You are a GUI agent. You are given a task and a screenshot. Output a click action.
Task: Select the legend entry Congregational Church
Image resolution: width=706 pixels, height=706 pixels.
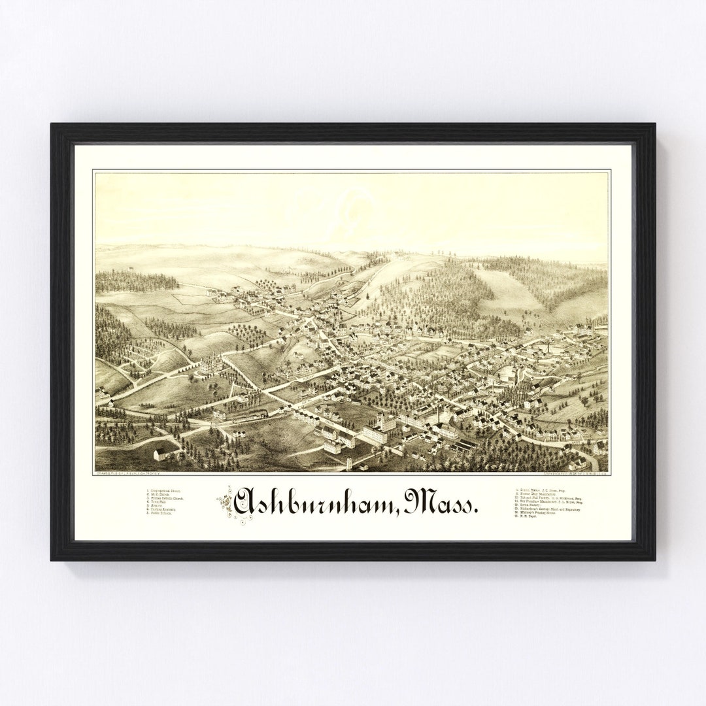coord(164,490)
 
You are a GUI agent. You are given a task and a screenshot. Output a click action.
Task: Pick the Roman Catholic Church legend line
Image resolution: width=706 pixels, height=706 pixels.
coord(165,498)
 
